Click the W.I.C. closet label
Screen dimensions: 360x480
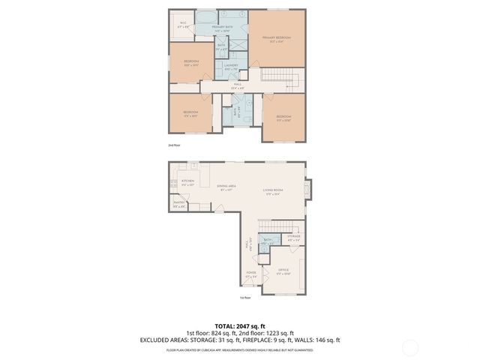[183, 24]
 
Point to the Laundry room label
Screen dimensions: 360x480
[231, 67]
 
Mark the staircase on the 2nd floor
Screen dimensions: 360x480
[282, 79]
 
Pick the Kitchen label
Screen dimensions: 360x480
[187, 182]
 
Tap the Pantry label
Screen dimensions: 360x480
[179, 205]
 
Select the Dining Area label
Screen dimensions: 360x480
[226, 188]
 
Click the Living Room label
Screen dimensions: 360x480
[271, 193]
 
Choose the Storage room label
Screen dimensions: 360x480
[294, 238]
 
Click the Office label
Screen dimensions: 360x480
[283, 271]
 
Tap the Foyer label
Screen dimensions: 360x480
[251, 275]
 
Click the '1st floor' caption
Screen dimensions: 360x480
[244, 298]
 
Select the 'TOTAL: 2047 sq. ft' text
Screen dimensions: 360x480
[240, 325]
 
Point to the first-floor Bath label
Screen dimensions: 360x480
[267, 241]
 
